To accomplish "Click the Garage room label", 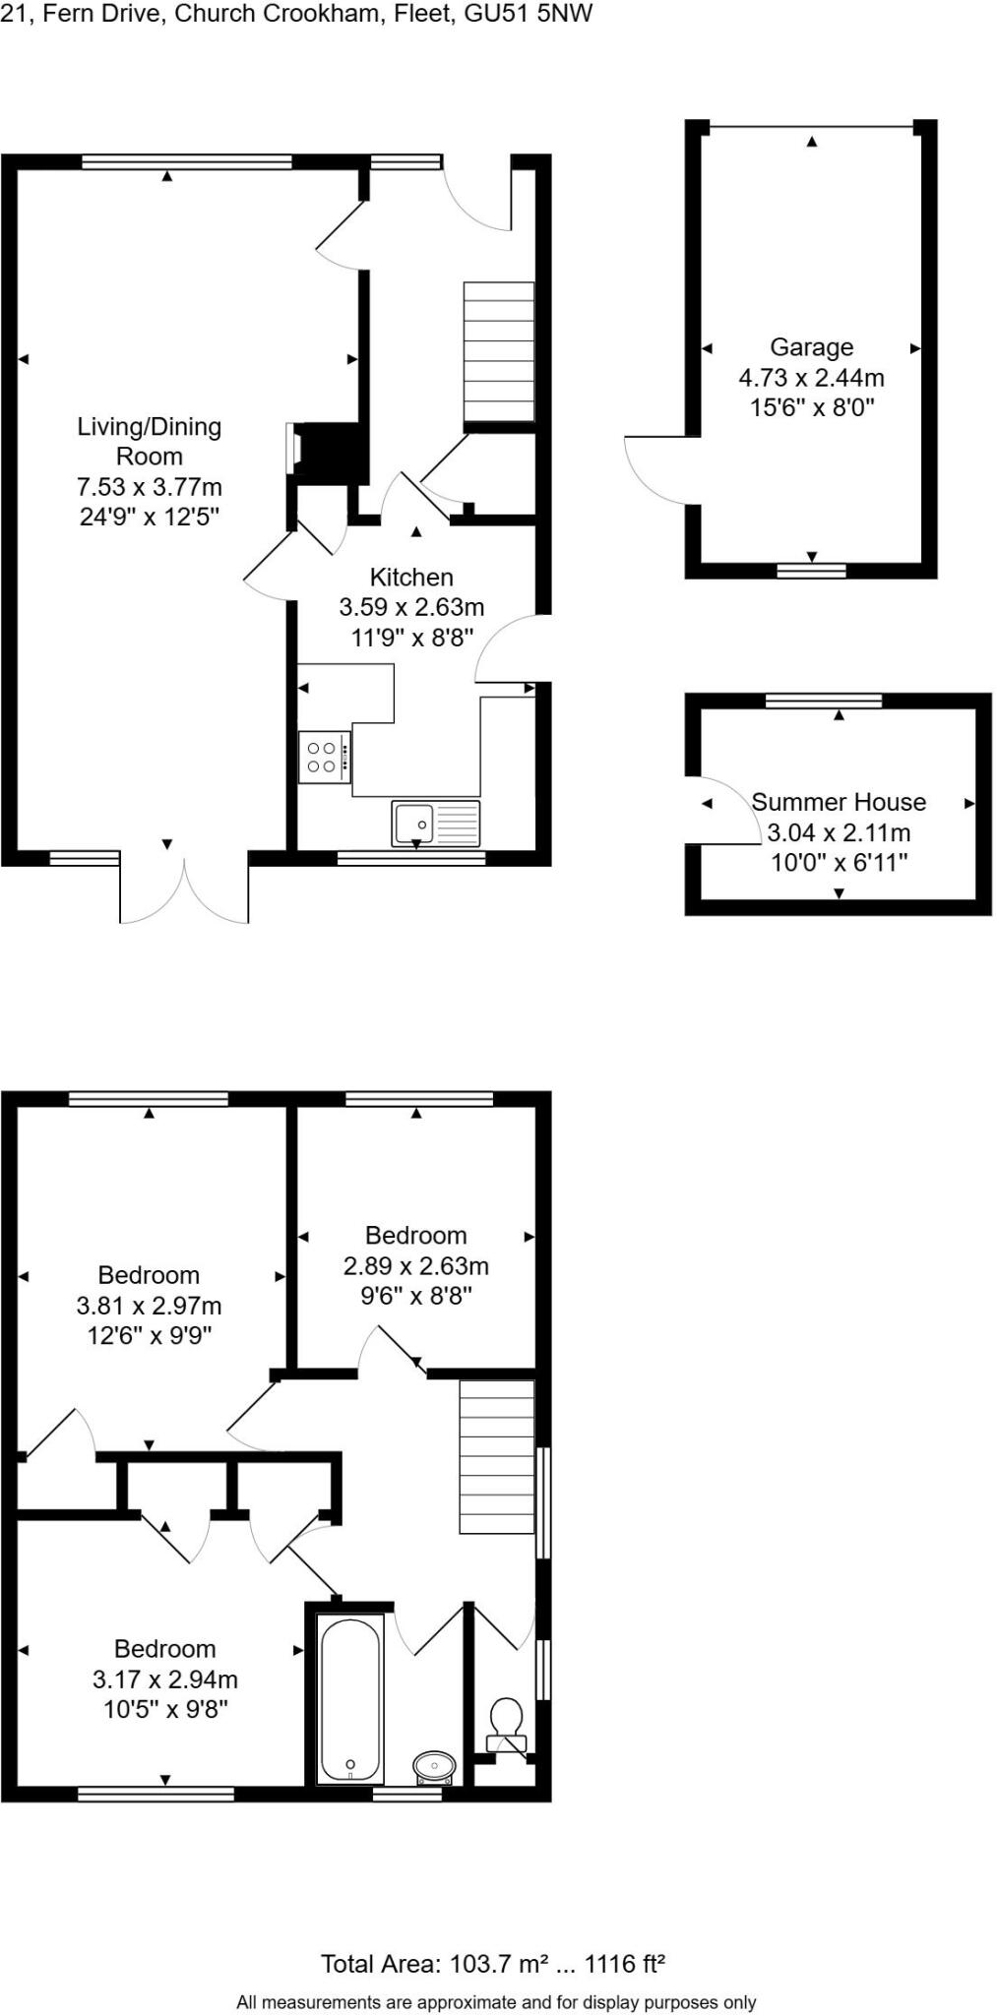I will point(811,347).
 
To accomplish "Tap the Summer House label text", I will point(839,802).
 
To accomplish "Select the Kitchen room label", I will point(411,578).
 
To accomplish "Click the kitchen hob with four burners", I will point(325,757).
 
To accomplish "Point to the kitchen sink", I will point(436,824).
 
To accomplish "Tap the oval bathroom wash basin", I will point(434,1766).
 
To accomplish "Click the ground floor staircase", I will point(499,351).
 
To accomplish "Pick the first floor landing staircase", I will point(497,1456).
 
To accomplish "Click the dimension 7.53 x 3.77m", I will point(150,487).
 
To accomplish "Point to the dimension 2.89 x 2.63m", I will point(415,1266).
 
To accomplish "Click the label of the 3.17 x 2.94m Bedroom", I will point(164,1649).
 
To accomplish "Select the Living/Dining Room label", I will point(150,441).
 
